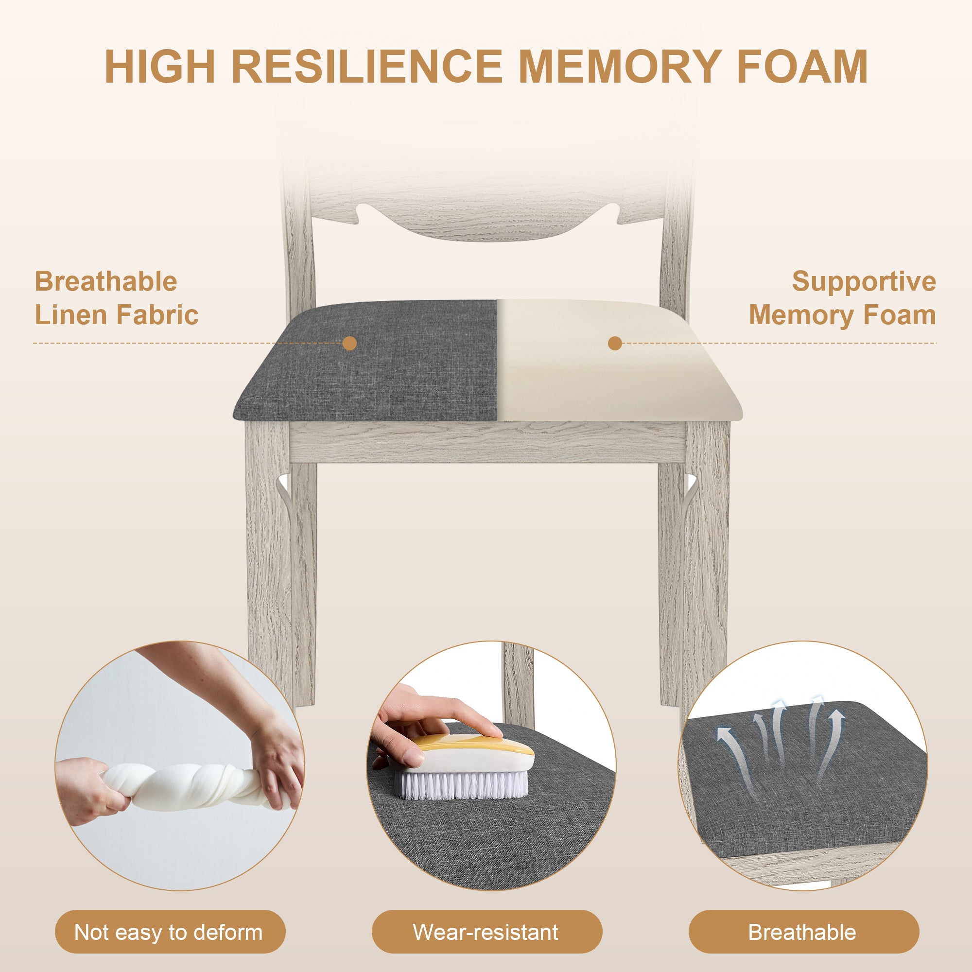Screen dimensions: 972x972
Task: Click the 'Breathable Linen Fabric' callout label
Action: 116,298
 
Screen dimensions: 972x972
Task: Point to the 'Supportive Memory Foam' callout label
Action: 842,298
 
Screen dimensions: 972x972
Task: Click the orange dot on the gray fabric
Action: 349,344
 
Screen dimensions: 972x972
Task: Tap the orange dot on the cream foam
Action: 615,344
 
